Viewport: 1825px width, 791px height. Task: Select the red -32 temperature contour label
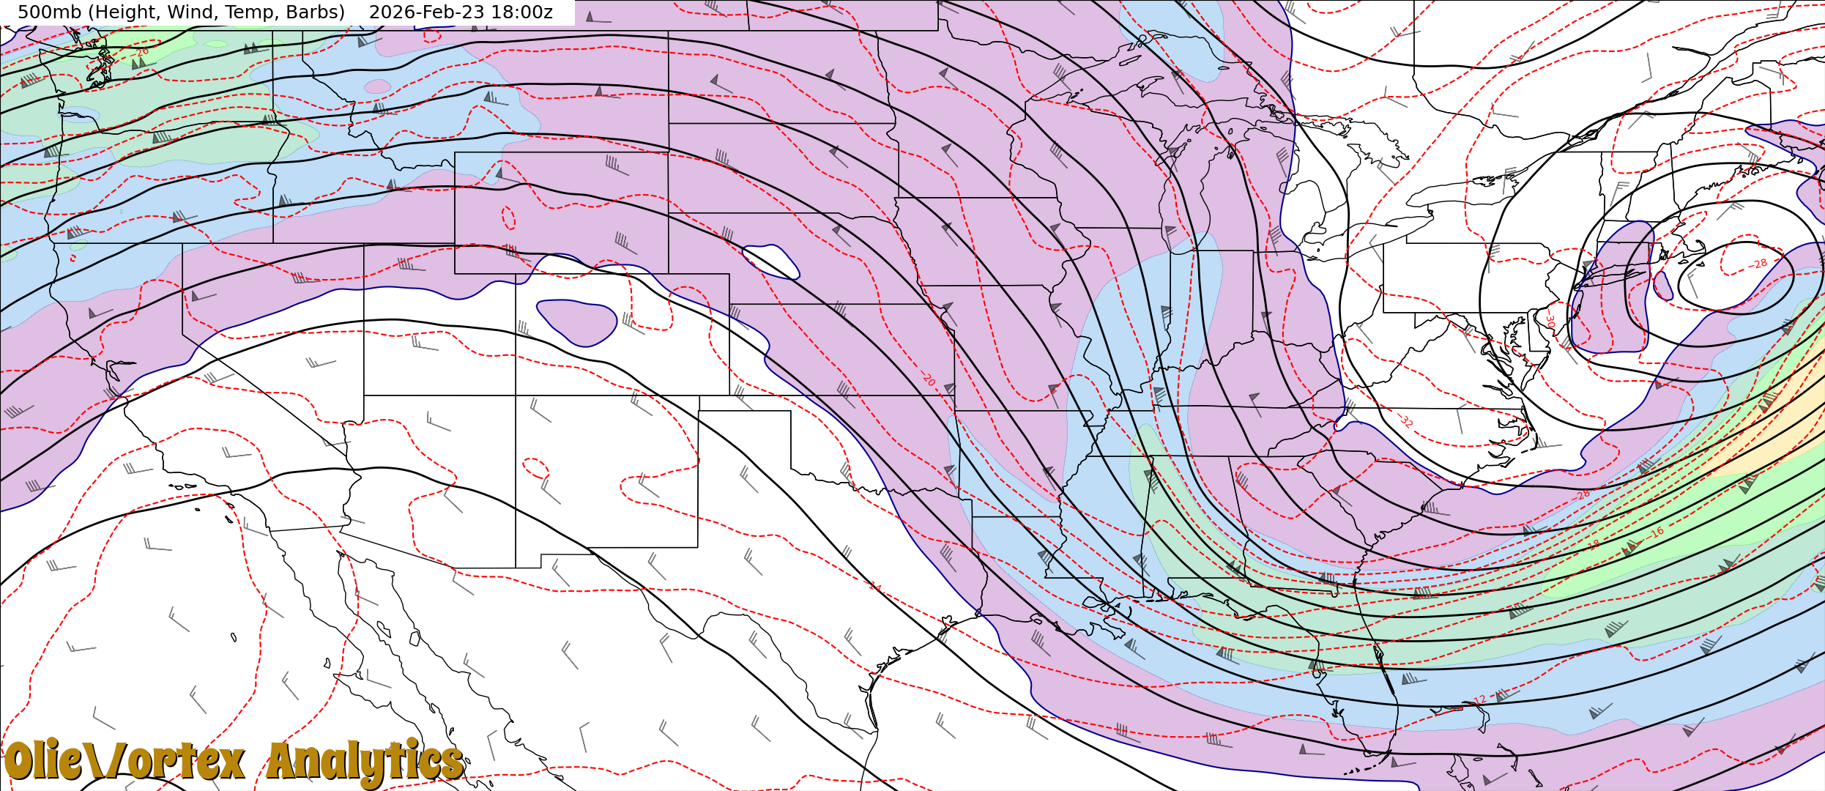pos(1405,420)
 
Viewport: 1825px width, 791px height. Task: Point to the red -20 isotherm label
pos(928,379)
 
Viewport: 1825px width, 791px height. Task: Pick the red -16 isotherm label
pos(1657,532)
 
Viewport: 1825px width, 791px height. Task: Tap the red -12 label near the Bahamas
pos(1479,700)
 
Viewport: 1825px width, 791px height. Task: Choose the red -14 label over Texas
pos(874,586)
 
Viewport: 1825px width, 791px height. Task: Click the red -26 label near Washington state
pos(141,52)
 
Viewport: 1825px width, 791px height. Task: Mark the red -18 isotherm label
pos(1594,544)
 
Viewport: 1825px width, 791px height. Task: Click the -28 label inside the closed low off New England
pos(1760,264)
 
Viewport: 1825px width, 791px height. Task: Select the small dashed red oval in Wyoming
pos(508,218)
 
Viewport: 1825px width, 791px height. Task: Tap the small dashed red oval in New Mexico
pos(536,467)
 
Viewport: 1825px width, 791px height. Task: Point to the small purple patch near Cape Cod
pos(1662,286)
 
